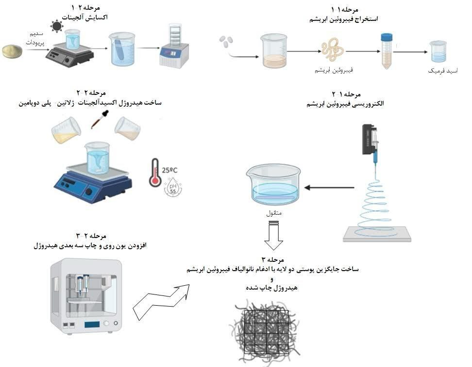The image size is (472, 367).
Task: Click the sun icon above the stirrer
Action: tap(57, 25)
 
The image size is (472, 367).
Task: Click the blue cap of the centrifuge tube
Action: tap(387, 37)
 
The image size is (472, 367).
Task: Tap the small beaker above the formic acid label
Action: tap(438, 51)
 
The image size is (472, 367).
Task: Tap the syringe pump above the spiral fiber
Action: tap(371, 141)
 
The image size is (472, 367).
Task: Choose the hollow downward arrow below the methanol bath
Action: tap(273, 235)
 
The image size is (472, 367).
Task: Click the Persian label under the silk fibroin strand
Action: tap(333, 70)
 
